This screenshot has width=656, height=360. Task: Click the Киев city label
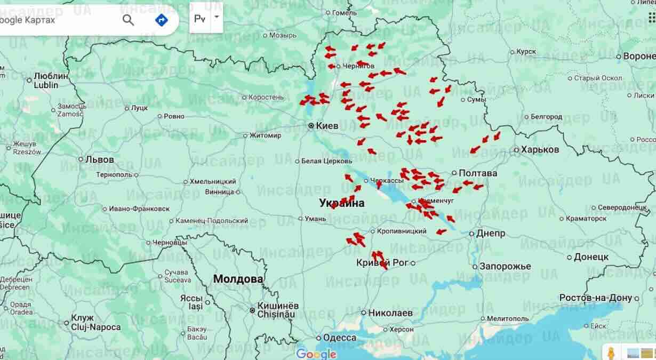(327, 126)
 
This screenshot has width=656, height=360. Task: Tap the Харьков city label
(540, 150)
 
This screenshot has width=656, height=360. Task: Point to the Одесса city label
(339, 338)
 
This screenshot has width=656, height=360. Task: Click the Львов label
(99, 159)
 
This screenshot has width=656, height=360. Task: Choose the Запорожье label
(505, 266)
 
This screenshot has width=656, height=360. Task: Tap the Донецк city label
(591, 257)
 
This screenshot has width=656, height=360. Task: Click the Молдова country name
(238, 279)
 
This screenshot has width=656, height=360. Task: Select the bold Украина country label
(342, 203)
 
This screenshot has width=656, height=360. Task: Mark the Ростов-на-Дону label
(595, 298)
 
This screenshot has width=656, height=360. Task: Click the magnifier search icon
(129, 20)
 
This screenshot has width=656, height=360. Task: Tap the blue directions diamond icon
(161, 20)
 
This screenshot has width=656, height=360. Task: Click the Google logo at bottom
(316, 354)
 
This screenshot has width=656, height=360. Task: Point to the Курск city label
(526, 52)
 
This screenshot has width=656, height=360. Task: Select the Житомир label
(265, 135)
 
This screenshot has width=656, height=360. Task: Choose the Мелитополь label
(507, 318)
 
